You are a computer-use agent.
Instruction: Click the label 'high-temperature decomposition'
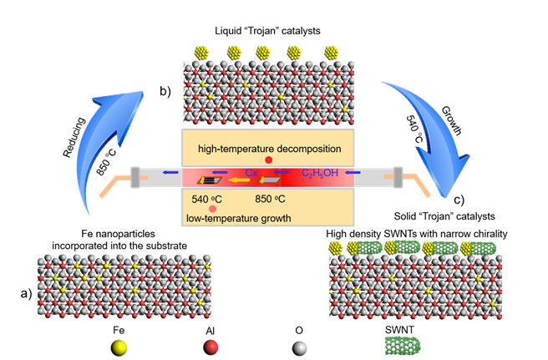268,149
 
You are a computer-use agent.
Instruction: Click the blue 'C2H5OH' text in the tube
318,174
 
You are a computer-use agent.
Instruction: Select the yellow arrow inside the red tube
242,179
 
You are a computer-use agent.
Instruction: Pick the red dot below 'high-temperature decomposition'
268,160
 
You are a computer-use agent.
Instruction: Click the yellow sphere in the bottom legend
120,347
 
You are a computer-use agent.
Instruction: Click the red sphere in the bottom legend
210,347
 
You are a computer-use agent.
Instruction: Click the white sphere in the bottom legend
299,347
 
